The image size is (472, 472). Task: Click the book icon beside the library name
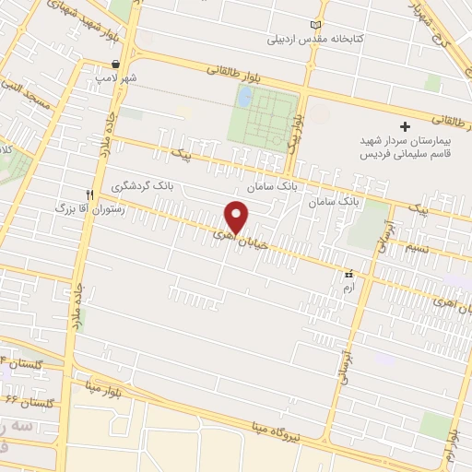[319, 23]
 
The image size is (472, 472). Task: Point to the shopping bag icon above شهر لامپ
[114, 65]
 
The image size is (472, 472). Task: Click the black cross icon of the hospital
[404, 125]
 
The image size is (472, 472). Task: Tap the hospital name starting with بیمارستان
[407, 147]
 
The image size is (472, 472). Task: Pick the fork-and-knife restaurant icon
[89, 195]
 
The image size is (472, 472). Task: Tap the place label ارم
[348, 289]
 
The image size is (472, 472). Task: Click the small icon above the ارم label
[348, 275]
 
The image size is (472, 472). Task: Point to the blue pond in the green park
[243, 96]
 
